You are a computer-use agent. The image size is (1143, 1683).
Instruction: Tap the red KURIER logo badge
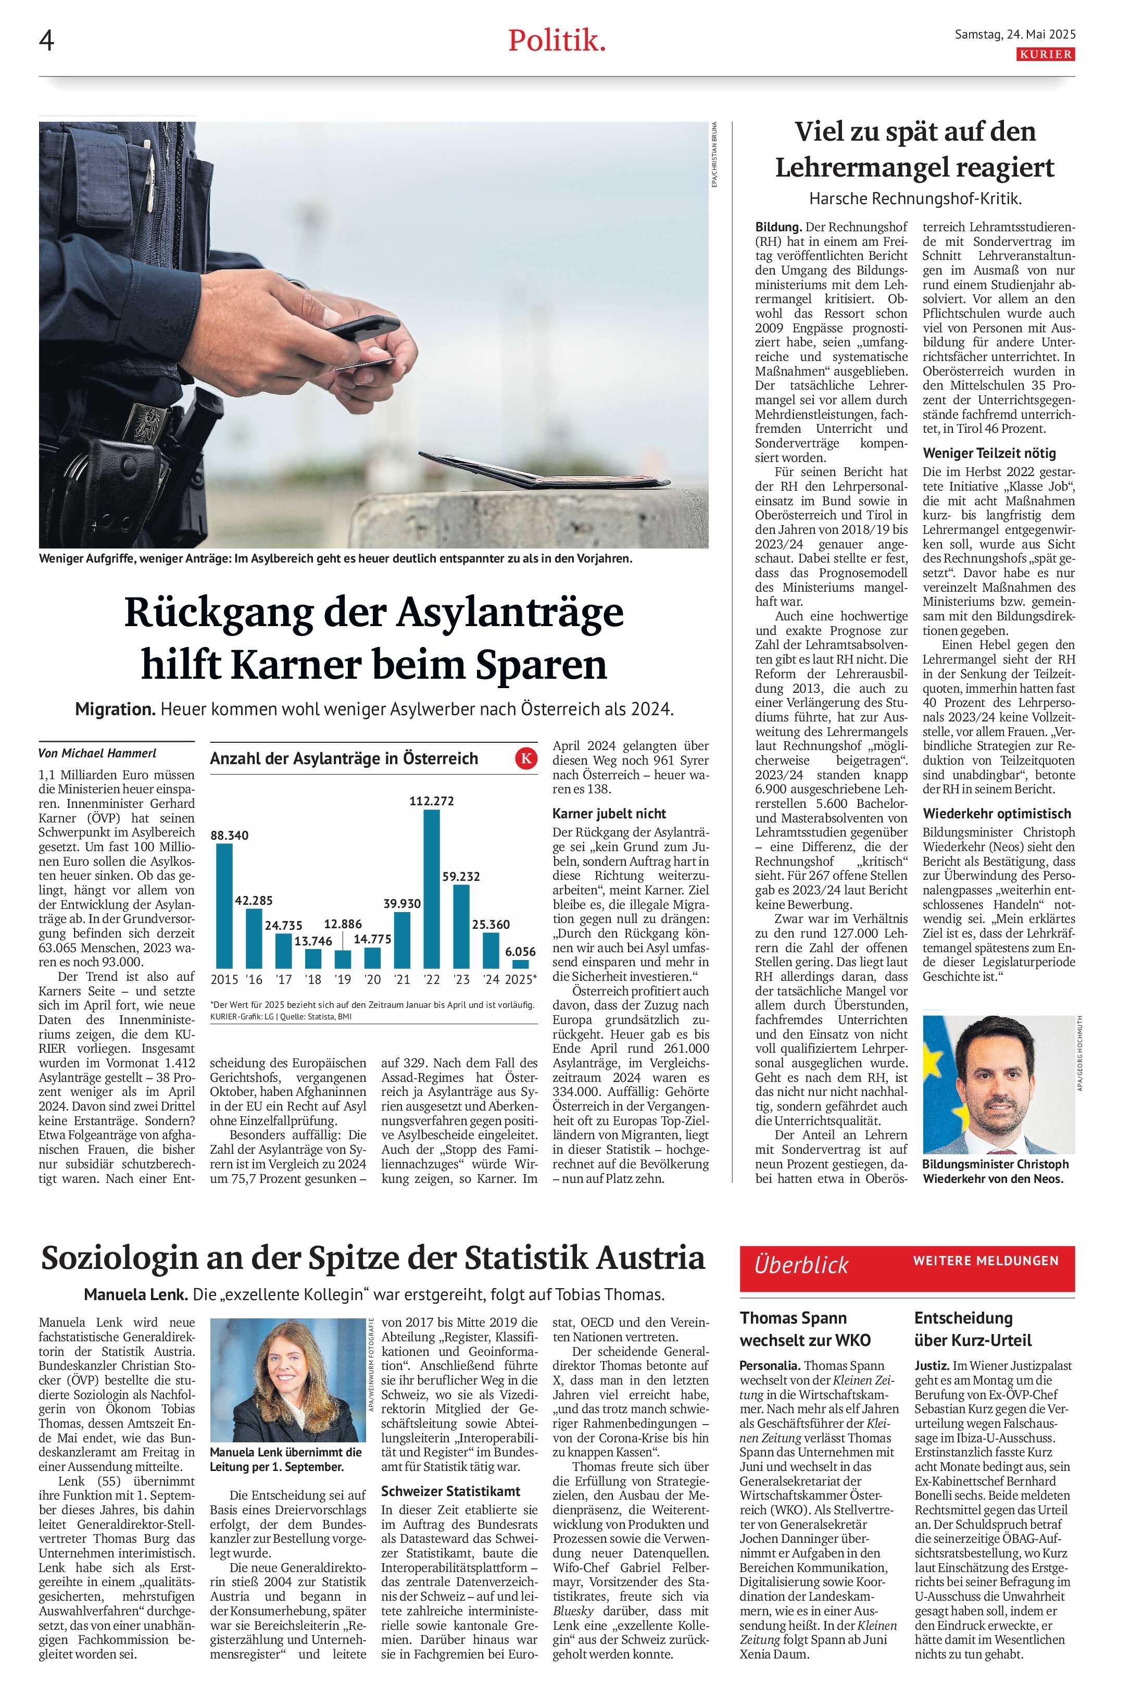(1045, 54)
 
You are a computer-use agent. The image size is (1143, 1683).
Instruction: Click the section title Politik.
(556, 41)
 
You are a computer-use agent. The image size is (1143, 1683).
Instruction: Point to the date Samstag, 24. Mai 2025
(1015, 34)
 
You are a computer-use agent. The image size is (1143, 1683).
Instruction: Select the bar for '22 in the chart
(432, 889)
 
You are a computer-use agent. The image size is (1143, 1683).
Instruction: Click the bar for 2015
(224, 905)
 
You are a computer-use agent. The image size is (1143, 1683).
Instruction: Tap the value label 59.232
(461, 876)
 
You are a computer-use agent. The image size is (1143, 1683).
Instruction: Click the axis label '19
(343, 979)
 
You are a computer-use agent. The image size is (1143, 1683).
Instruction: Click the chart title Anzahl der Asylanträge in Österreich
(344, 758)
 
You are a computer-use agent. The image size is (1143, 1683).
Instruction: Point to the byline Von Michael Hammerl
(97, 753)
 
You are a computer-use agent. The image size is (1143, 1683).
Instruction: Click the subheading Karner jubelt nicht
(609, 813)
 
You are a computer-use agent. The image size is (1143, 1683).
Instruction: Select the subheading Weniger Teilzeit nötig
(989, 453)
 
